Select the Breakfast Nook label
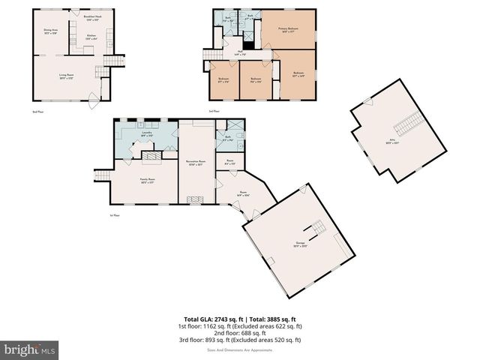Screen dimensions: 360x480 pos(91,17)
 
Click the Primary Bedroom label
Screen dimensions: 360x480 pos(288,31)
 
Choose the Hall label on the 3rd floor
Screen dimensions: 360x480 pos(240,53)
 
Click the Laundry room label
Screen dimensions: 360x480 pos(147,134)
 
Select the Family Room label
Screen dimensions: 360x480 pos(146,180)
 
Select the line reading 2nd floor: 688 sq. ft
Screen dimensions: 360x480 pos(240,333)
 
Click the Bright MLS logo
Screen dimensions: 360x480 pos(30,349)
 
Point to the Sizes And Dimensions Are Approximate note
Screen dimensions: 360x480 pos(240,349)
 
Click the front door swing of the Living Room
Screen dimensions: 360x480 pos(92,97)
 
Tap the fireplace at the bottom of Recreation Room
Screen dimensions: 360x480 pos(196,199)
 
